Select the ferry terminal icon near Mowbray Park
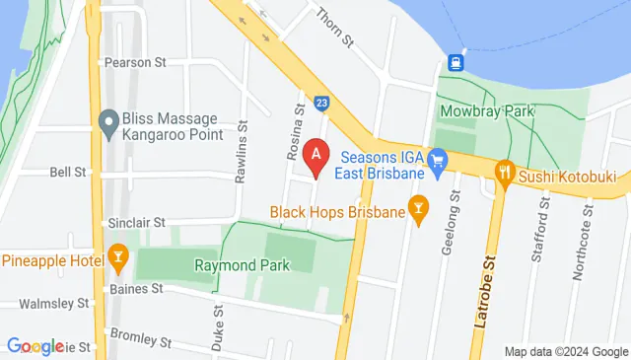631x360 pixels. [456, 62]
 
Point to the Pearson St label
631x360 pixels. [135, 62]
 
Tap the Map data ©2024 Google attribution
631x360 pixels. [566, 352]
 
